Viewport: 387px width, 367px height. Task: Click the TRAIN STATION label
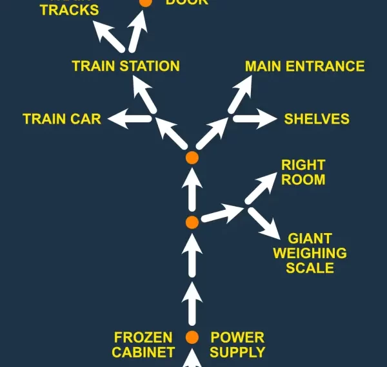[x=126, y=66]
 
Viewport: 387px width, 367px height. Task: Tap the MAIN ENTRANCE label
[x=304, y=66]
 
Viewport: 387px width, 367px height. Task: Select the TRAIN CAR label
[x=62, y=119]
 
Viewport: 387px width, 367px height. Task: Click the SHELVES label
[x=317, y=119]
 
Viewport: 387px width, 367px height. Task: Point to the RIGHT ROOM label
[x=303, y=172]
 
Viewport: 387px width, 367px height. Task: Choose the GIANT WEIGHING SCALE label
[x=317, y=253]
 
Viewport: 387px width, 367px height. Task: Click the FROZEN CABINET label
[x=143, y=344]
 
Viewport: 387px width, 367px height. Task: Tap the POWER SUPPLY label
[x=237, y=344]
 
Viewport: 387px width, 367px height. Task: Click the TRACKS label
[x=70, y=10]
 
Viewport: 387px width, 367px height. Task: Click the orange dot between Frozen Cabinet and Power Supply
[x=192, y=337]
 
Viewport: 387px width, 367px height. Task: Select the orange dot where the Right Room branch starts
[x=192, y=222]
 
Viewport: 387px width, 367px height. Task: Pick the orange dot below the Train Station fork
[x=192, y=157]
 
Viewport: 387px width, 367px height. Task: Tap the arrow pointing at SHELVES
[x=254, y=118]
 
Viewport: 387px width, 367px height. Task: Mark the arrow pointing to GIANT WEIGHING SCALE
[x=263, y=223]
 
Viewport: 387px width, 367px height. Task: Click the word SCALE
[x=310, y=268]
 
